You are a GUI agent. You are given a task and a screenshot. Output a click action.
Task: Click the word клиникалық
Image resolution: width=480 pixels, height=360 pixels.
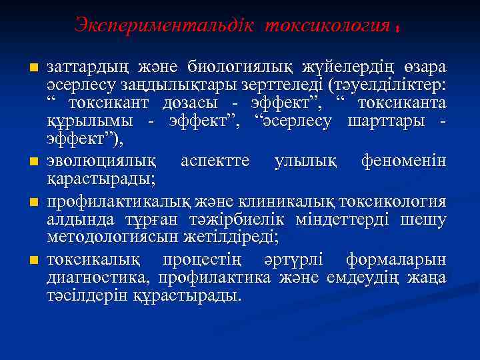tap(293, 199)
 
